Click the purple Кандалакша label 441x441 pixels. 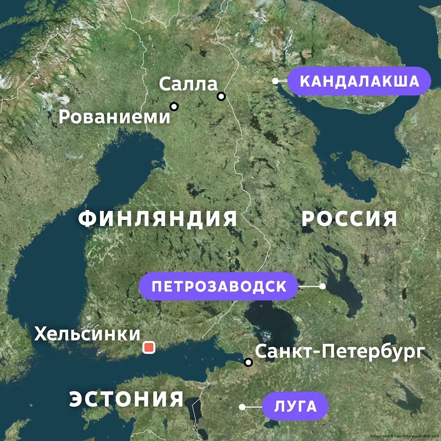359,81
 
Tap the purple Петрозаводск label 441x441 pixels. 219,286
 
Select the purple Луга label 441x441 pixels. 295,406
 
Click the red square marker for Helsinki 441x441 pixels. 149,347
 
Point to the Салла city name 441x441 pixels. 188,84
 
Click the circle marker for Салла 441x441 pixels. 221,96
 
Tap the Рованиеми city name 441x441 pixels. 114,117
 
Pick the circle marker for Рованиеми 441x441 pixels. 174,106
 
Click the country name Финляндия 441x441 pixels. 158,219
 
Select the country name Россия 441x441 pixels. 349,219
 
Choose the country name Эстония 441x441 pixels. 127,399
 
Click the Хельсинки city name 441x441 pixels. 87,334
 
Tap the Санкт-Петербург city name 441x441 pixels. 340,351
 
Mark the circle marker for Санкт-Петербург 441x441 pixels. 248,362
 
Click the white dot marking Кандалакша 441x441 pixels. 275,81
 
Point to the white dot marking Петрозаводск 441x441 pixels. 322,286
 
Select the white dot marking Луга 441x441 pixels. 242,407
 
